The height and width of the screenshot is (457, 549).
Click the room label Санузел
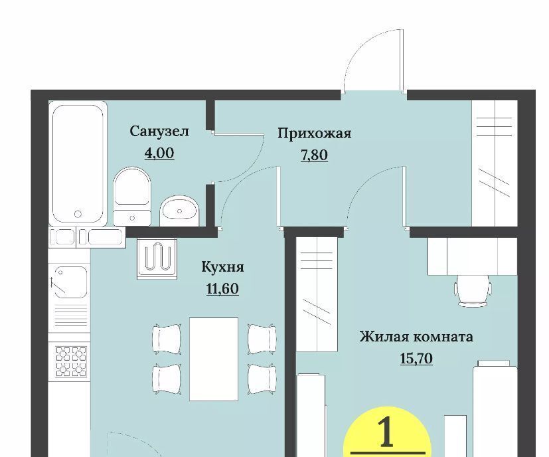159,132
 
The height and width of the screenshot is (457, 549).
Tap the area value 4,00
159,153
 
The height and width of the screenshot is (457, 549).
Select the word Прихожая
315,134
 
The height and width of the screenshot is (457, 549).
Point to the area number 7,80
315,155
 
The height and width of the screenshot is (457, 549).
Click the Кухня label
222,267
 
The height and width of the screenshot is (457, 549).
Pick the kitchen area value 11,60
222,289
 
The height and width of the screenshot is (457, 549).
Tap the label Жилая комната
416,337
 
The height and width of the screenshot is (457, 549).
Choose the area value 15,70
416,359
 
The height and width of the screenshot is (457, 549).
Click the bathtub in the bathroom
78,163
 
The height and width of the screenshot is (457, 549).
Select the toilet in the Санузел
132,196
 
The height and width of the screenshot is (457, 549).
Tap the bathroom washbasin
179,211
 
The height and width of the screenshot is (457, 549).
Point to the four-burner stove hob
71,361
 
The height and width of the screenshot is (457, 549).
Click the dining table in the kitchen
214,359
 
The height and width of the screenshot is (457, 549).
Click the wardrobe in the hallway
495,163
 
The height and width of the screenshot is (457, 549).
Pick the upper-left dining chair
167,339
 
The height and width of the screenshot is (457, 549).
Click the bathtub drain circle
78,213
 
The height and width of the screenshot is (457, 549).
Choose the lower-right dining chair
262,379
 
